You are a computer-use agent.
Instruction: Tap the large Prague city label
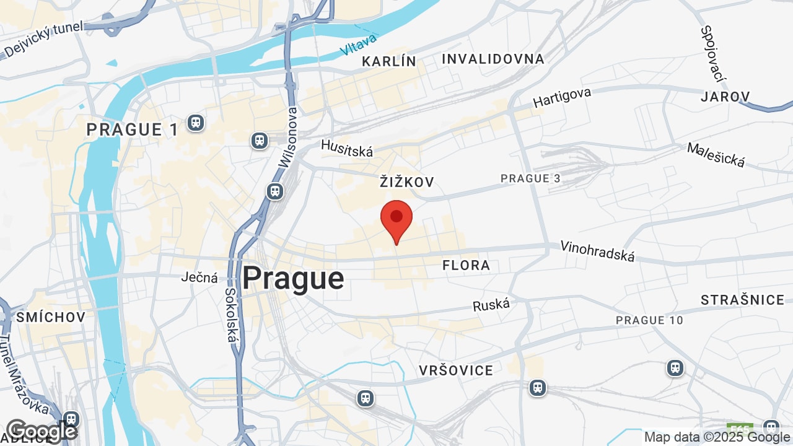click(x=293, y=279)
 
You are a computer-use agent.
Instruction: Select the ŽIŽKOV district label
click(x=406, y=182)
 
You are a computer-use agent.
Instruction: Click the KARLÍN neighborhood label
click(x=389, y=61)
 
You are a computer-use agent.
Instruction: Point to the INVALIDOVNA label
click(x=493, y=59)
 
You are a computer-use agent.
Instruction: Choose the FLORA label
click(x=466, y=266)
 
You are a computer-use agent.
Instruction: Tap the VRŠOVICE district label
click(x=456, y=370)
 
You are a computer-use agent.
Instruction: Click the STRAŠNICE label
click(x=743, y=300)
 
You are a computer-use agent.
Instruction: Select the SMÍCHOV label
click(x=51, y=317)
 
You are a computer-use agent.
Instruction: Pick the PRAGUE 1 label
click(x=133, y=129)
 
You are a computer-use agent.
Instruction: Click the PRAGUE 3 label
click(x=530, y=178)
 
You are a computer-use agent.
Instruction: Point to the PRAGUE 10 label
click(x=649, y=320)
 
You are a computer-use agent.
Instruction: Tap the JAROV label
click(x=725, y=97)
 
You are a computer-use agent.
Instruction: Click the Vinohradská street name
click(x=597, y=251)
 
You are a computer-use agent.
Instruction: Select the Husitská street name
click(x=347, y=148)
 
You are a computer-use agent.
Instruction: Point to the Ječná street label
click(x=199, y=278)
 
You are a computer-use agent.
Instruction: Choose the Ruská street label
click(x=491, y=305)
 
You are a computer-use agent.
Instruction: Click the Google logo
click(x=42, y=431)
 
